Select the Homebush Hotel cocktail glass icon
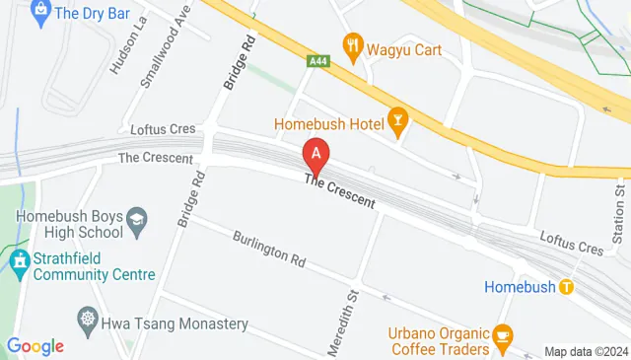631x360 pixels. [398, 122]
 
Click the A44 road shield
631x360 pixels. [317, 61]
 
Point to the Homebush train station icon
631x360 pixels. [566, 287]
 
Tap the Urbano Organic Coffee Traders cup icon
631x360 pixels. [503, 336]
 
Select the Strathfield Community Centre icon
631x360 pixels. [19, 261]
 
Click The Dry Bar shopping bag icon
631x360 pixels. [40, 12]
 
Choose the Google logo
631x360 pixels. [35, 345]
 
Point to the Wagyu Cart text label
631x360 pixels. [404, 44]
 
